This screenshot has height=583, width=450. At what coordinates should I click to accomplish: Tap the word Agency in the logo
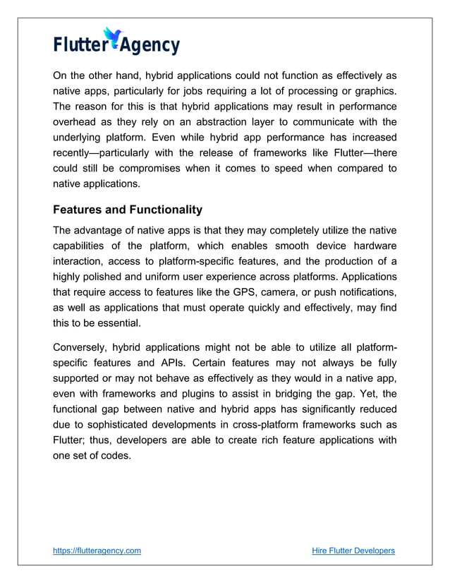(x=149, y=46)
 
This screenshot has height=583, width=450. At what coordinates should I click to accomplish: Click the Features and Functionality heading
(x=128, y=210)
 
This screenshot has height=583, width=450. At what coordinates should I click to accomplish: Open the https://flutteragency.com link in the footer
(x=97, y=551)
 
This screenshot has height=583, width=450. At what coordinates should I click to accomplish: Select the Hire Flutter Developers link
(x=353, y=551)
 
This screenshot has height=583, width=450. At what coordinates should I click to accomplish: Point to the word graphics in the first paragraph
(x=371, y=91)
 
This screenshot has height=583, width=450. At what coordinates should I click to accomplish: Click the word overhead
(x=75, y=121)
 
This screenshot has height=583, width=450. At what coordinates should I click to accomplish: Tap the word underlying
(x=80, y=137)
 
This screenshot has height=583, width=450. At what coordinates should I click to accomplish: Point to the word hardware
(x=371, y=246)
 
